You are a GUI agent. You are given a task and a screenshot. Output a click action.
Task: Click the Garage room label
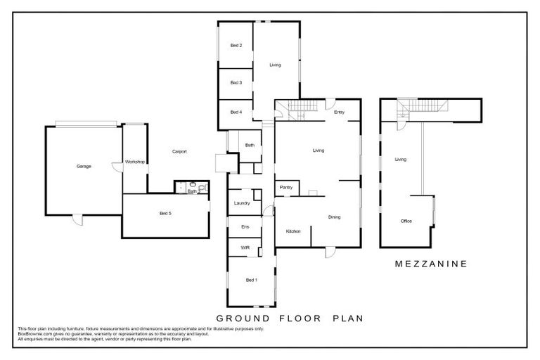pos(84,167)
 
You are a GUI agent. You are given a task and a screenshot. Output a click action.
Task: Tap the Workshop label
pos(134,162)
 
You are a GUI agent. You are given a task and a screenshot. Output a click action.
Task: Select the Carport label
pos(179,151)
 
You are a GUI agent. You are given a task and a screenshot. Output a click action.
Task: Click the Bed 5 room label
pos(165,213)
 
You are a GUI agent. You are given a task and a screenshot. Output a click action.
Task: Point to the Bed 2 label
pos(236,46)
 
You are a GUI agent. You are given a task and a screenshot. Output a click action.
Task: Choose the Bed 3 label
pos(236,82)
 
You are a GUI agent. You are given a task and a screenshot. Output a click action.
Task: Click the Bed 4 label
pos(236,112)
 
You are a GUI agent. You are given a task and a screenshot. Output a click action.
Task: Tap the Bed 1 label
pos(251,280)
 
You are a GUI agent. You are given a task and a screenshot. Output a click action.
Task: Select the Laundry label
pos(242,203)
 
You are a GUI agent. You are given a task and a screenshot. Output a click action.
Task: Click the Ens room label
pos(245,226)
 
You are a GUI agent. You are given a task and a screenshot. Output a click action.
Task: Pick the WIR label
pos(245,247)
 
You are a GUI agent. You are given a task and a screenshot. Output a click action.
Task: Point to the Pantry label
pos(286,187)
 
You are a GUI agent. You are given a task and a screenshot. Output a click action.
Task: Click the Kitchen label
pos(293,231)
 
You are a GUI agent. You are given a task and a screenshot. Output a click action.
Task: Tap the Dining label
pos(334,217)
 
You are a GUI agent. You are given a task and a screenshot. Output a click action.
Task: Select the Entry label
pos(339,112)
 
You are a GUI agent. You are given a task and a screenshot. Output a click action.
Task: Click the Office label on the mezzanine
pos(406,221)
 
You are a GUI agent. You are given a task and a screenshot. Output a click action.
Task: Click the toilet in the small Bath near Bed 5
pos(201,188)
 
